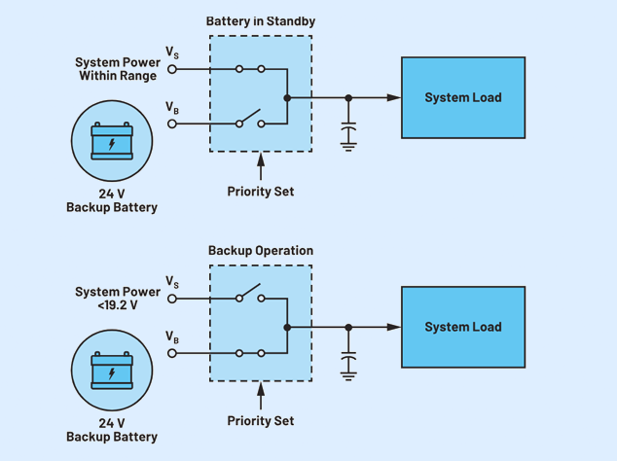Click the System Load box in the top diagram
click(463, 97)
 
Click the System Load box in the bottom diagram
click(463, 327)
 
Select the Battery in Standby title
click(261, 21)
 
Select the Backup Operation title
click(261, 251)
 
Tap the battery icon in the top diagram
click(112, 142)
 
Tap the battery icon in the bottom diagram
click(112, 372)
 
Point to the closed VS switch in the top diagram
click(249, 70)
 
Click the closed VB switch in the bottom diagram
click(249, 353)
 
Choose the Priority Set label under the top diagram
click(261, 192)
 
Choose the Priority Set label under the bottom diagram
click(261, 421)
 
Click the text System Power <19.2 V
click(118, 299)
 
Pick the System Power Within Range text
click(118, 69)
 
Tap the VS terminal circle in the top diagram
click(173, 70)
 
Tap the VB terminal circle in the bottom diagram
click(173, 353)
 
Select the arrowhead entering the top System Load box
click(393, 97)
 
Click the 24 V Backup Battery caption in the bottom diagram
click(112, 430)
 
